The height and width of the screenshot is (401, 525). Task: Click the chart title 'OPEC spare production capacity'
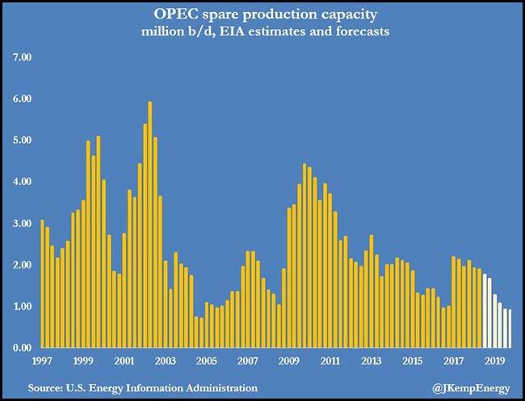(x=262, y=15)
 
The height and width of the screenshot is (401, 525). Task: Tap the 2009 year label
(x=288, y=361)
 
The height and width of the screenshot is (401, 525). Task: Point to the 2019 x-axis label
(x=495, y=361)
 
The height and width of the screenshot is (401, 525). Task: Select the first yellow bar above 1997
(x=42, y=284)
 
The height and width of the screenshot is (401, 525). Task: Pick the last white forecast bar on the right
(x=509, y=328)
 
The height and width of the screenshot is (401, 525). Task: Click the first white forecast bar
(x=484, y=311)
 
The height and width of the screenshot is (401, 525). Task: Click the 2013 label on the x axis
(x=372, y=361)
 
